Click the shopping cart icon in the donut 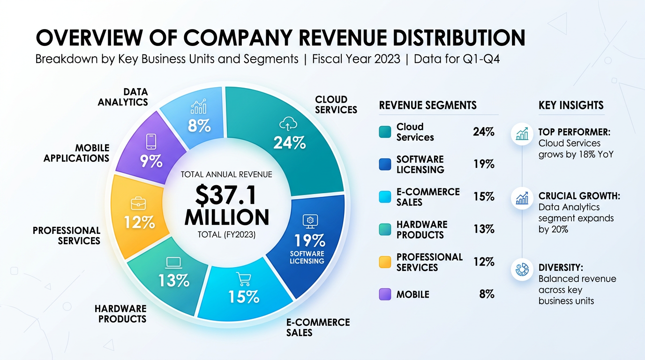pyautogui.click(x=243, y=279)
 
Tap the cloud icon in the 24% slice pyautogui.click(x=288, y=124)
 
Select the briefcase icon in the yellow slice pyautogui.click(x=138, y=203)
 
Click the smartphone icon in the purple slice pyautogui.click(x=151, y=142)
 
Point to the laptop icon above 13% pyautogui.click(x=173, y=263)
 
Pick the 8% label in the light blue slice pyautogui.click(x=199, y=126)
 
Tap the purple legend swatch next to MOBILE pyautogui.click(x=385, y=294)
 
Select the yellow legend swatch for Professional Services pyautogui.click(x=385, y=262)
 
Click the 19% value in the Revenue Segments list pyautogui.click(x=484, y=164)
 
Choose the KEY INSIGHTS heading pyautogui.click(x=571, y=105)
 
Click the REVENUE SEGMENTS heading pyautogui.click(x=427, y=105)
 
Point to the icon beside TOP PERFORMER pyautogui.click(x=522, y=135)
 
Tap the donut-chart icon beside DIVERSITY pyautogui.click(x=522, y=270)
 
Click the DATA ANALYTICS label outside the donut pyautogui.click(x=123, y=97)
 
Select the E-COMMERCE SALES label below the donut pyautogui.click(x=318, y=327)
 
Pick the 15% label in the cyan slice pyautogui.click(x=244, y=297)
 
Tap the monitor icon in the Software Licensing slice pyautogui.click(x=309, y=220)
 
